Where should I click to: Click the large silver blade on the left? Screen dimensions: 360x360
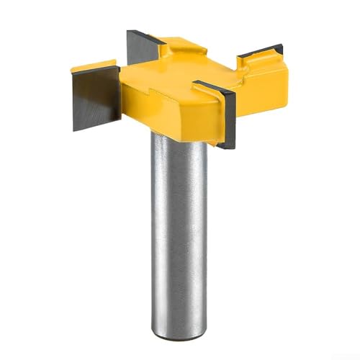[x=96, y=101]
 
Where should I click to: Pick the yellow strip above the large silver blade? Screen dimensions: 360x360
[x=94, y=68]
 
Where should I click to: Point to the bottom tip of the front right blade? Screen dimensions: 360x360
[x=229, y=146]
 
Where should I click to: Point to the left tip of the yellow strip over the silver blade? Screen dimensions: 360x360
[x=72, y=70]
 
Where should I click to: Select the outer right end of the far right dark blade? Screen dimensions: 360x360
[x=282, y=50]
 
